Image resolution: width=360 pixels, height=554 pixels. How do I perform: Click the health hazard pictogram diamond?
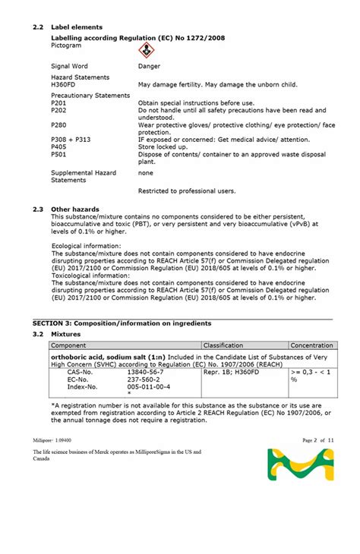pyautogui.click(x=145, y=51)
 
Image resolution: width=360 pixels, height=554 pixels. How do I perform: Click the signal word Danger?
pyautogui.click(x=149, y=67)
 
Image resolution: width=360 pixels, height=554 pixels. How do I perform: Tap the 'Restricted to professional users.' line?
pyautogui.click(x=187, y=190)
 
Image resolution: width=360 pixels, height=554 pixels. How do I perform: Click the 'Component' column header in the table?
pyautogui.click(x=68, y=345)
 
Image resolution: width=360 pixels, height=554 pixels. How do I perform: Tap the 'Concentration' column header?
pyautogui.click(x=311, y=345)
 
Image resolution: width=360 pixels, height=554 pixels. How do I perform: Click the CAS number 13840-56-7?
pyautogui.click(x=144, y=373)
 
